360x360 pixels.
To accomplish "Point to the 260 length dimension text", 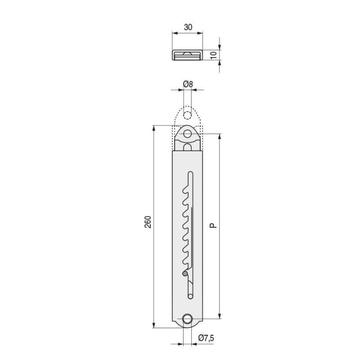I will (148, 222).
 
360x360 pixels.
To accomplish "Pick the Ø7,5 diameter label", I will (207, 338).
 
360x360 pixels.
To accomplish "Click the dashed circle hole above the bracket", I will (187, 115).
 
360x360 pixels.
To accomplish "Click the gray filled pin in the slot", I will (185, 274).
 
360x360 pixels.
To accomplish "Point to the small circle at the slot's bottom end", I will (190, 296).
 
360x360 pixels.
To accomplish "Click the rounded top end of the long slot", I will (190, 173).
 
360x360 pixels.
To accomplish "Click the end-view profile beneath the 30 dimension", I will (187, 55).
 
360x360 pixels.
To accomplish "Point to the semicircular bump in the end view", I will (187, 52).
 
